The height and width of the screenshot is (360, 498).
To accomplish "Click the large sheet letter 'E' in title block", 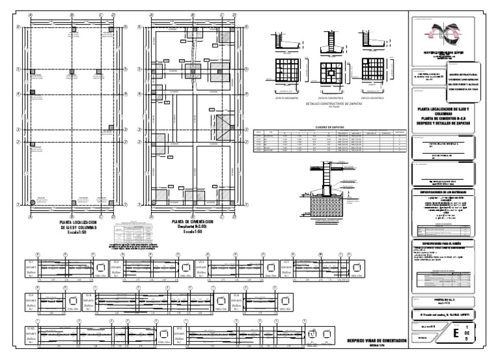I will [x=458, y=335].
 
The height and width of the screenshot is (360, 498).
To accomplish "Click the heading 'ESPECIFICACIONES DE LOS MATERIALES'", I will [x=447, y=193].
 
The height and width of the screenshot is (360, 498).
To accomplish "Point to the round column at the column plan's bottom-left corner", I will [x=31, y=204].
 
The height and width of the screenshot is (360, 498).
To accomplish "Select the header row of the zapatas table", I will [x=330, y=132].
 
